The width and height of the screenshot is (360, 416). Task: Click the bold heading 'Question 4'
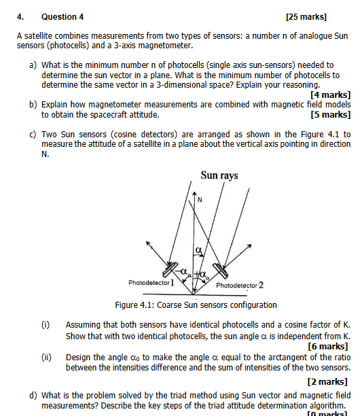[62, 16]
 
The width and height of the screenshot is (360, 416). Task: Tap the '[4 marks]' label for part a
[329, 95]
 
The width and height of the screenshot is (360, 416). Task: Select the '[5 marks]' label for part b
[329, 115]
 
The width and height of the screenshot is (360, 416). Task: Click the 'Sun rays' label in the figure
[219, 175]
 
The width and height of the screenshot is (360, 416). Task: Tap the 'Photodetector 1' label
[151, 281]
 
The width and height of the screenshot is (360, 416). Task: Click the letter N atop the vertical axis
[200, 199]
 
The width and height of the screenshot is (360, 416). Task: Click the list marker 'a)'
[33, 65]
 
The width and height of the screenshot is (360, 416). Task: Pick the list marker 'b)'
[33, 105]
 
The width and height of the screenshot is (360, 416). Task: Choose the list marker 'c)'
[33, 135]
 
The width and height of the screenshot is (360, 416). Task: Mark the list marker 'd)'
[33, 395]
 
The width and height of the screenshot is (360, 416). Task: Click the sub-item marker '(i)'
[45, 326]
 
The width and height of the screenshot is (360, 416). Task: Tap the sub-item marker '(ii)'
[46, 357]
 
